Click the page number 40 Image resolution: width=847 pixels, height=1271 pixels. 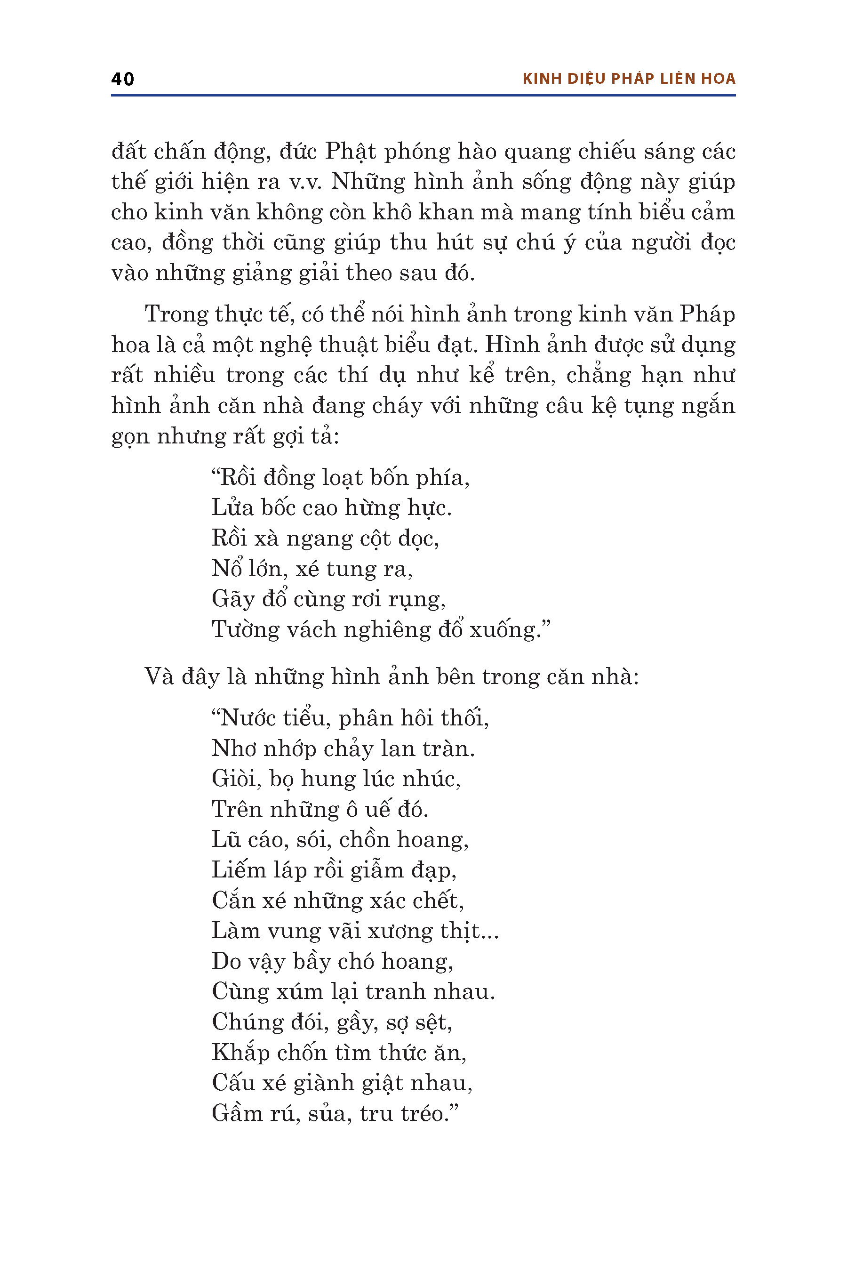pos(123,80)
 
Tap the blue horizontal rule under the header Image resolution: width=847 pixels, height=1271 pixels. pos(423,96)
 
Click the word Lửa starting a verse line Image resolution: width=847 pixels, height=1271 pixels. pos(232,508)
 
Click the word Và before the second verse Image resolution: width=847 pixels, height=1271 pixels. pos(159,676)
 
